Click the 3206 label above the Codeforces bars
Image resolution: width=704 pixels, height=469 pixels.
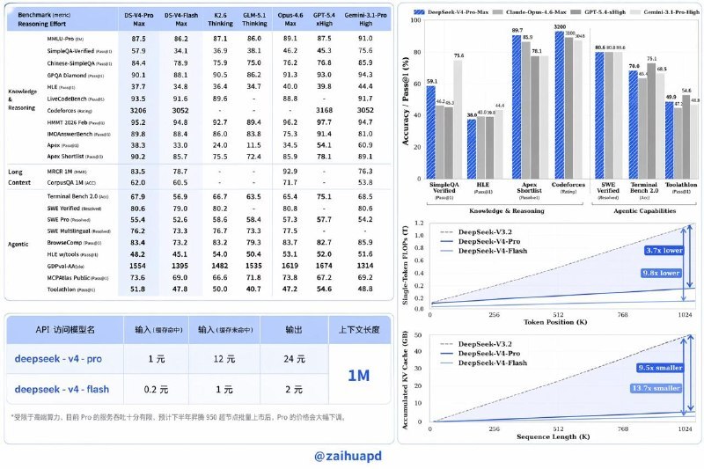(x=560, y=27)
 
